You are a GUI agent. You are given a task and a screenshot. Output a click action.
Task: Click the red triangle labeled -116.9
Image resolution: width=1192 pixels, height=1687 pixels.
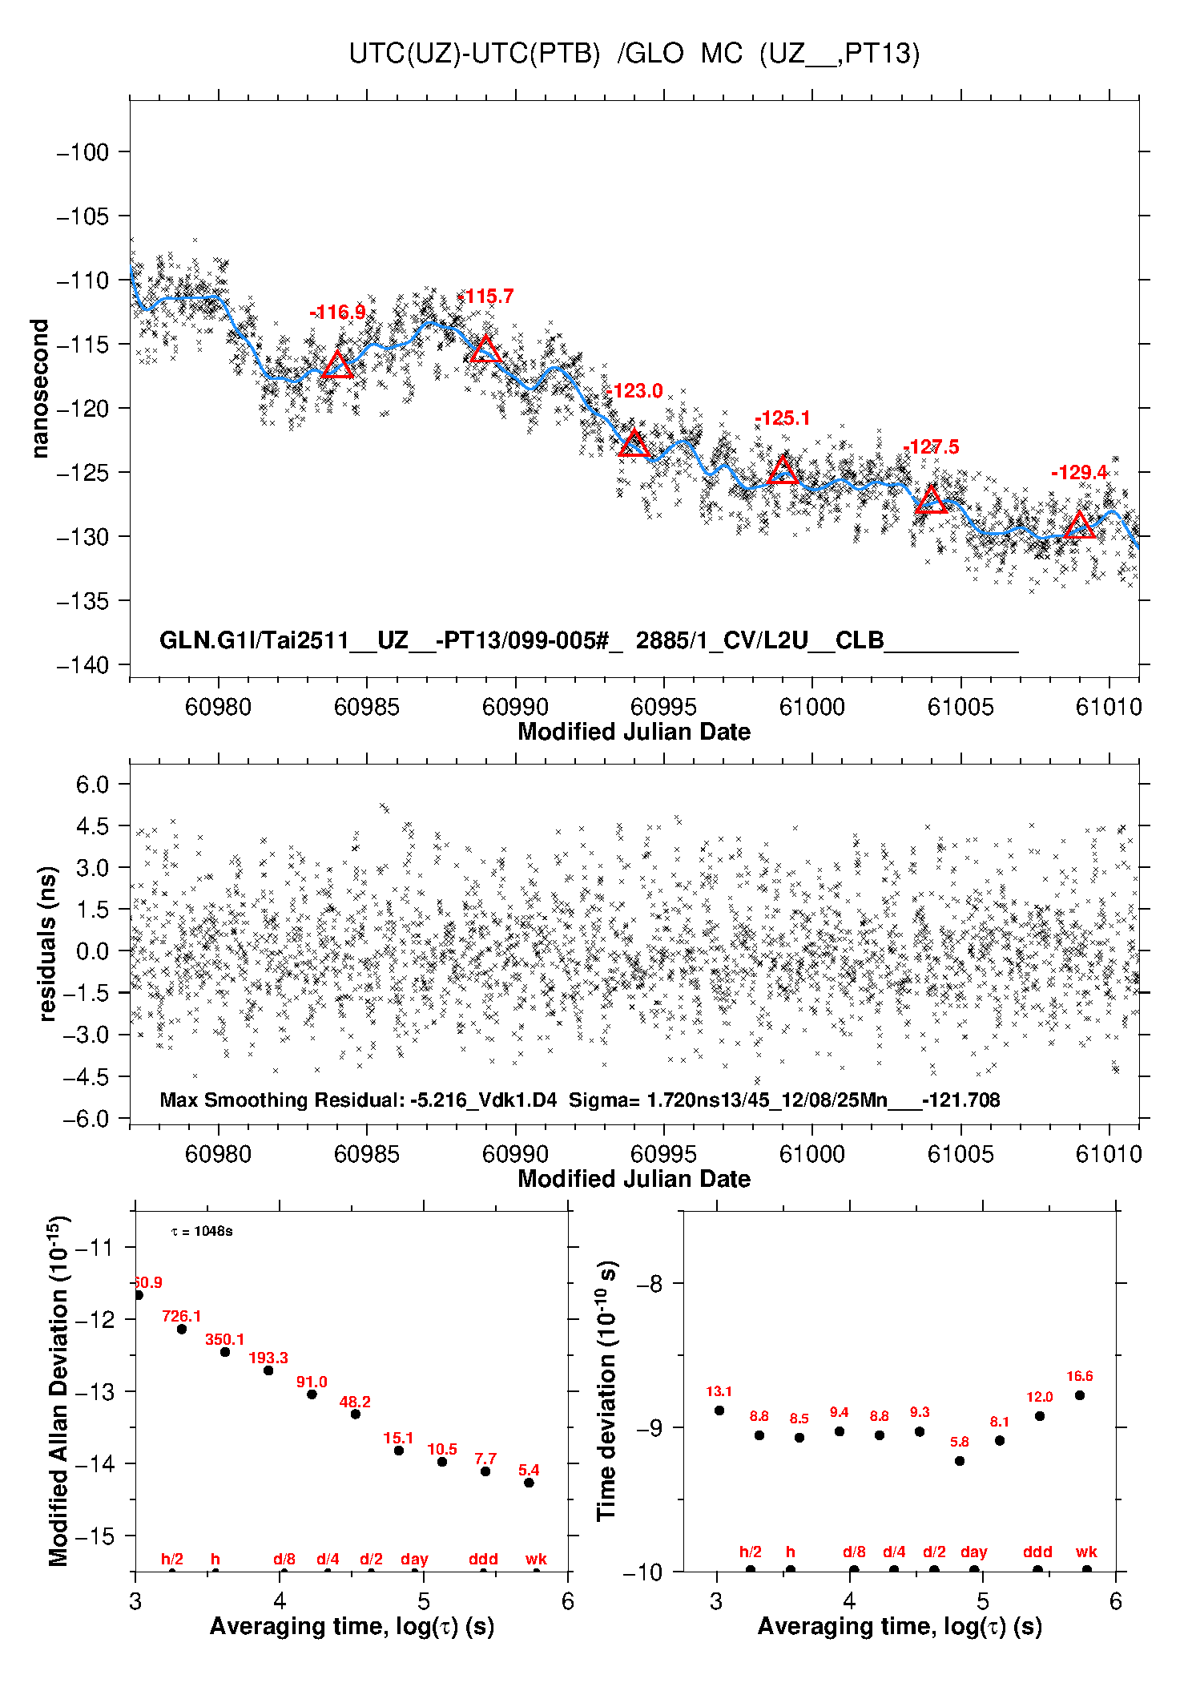coord(337,365)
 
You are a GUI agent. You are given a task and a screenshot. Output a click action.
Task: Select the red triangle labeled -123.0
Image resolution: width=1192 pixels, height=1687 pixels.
coord(634,444)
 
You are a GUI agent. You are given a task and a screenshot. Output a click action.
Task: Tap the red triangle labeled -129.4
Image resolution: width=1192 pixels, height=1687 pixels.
coord(1079,526)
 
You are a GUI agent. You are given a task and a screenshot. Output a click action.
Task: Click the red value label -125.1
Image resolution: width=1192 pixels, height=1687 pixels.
coord(783,418)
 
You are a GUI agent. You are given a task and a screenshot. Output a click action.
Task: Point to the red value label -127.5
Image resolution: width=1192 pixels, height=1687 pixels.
coord(931,447)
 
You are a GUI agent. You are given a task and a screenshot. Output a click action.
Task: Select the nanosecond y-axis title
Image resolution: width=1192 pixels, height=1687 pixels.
coord(40,389)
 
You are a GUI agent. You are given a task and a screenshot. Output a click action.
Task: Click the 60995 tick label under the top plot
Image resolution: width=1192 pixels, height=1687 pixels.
coord(663,707)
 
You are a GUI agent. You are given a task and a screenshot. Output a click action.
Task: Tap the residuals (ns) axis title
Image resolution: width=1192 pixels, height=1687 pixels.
coord(48,943)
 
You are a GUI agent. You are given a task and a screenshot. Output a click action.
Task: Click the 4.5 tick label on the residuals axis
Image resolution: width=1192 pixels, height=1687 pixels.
coord(92,826)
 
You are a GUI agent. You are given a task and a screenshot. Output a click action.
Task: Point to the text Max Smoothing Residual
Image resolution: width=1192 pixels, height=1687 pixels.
coord(280,1100)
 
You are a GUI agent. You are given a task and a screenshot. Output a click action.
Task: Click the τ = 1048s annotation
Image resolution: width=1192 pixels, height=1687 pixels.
coord(202,1231)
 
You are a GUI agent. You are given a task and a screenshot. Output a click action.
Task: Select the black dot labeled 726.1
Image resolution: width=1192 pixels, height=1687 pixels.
coord(182,1330)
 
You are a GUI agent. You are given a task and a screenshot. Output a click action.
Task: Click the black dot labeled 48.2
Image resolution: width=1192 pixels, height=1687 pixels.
coord(355,1415)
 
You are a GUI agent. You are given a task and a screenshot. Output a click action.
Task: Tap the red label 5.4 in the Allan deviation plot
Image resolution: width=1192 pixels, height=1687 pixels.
coord(529,1470)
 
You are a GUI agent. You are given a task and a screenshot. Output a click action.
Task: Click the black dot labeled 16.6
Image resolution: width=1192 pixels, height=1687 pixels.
coord(1080,1395)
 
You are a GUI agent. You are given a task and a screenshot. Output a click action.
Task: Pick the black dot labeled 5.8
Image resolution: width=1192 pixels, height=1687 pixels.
coord(960,1461)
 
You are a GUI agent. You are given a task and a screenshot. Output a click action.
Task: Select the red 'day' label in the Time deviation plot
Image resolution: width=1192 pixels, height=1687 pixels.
coord(973,1552)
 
